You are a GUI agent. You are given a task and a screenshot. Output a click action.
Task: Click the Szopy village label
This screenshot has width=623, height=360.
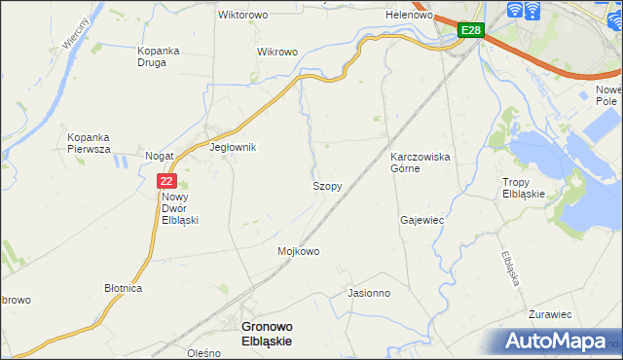click(326, 185)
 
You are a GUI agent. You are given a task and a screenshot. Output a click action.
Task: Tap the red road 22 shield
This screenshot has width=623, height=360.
click(166, 180)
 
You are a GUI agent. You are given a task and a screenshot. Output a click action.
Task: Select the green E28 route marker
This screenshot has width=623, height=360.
click(471, 30)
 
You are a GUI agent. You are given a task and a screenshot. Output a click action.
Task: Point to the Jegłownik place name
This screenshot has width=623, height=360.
click(233, 148)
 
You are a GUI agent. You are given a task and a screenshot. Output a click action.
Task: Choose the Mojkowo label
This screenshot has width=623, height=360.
click(299, 251)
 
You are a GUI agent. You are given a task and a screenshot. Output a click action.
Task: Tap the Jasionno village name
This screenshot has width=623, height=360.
click(368, 292)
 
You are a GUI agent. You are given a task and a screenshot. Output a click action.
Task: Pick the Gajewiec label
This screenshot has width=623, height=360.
click(421, 220)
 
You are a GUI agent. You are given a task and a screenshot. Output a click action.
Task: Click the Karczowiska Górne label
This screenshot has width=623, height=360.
click(419, 162)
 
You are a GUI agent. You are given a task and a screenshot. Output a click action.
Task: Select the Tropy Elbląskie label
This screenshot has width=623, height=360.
click(530, 188)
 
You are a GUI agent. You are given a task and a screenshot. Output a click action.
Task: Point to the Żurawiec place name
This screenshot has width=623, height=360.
click(550, 315)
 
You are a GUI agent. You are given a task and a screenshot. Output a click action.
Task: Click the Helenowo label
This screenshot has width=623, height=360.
click(409, 16)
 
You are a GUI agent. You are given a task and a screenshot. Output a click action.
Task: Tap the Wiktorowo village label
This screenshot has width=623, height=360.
click(243, 16)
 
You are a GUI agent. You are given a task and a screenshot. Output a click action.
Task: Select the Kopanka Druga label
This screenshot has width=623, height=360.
click(165, 54)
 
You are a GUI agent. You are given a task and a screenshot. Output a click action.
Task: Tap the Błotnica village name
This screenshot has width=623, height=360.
click(124, 289)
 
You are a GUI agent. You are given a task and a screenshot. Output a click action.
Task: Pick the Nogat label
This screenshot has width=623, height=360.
click(159, 156)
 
